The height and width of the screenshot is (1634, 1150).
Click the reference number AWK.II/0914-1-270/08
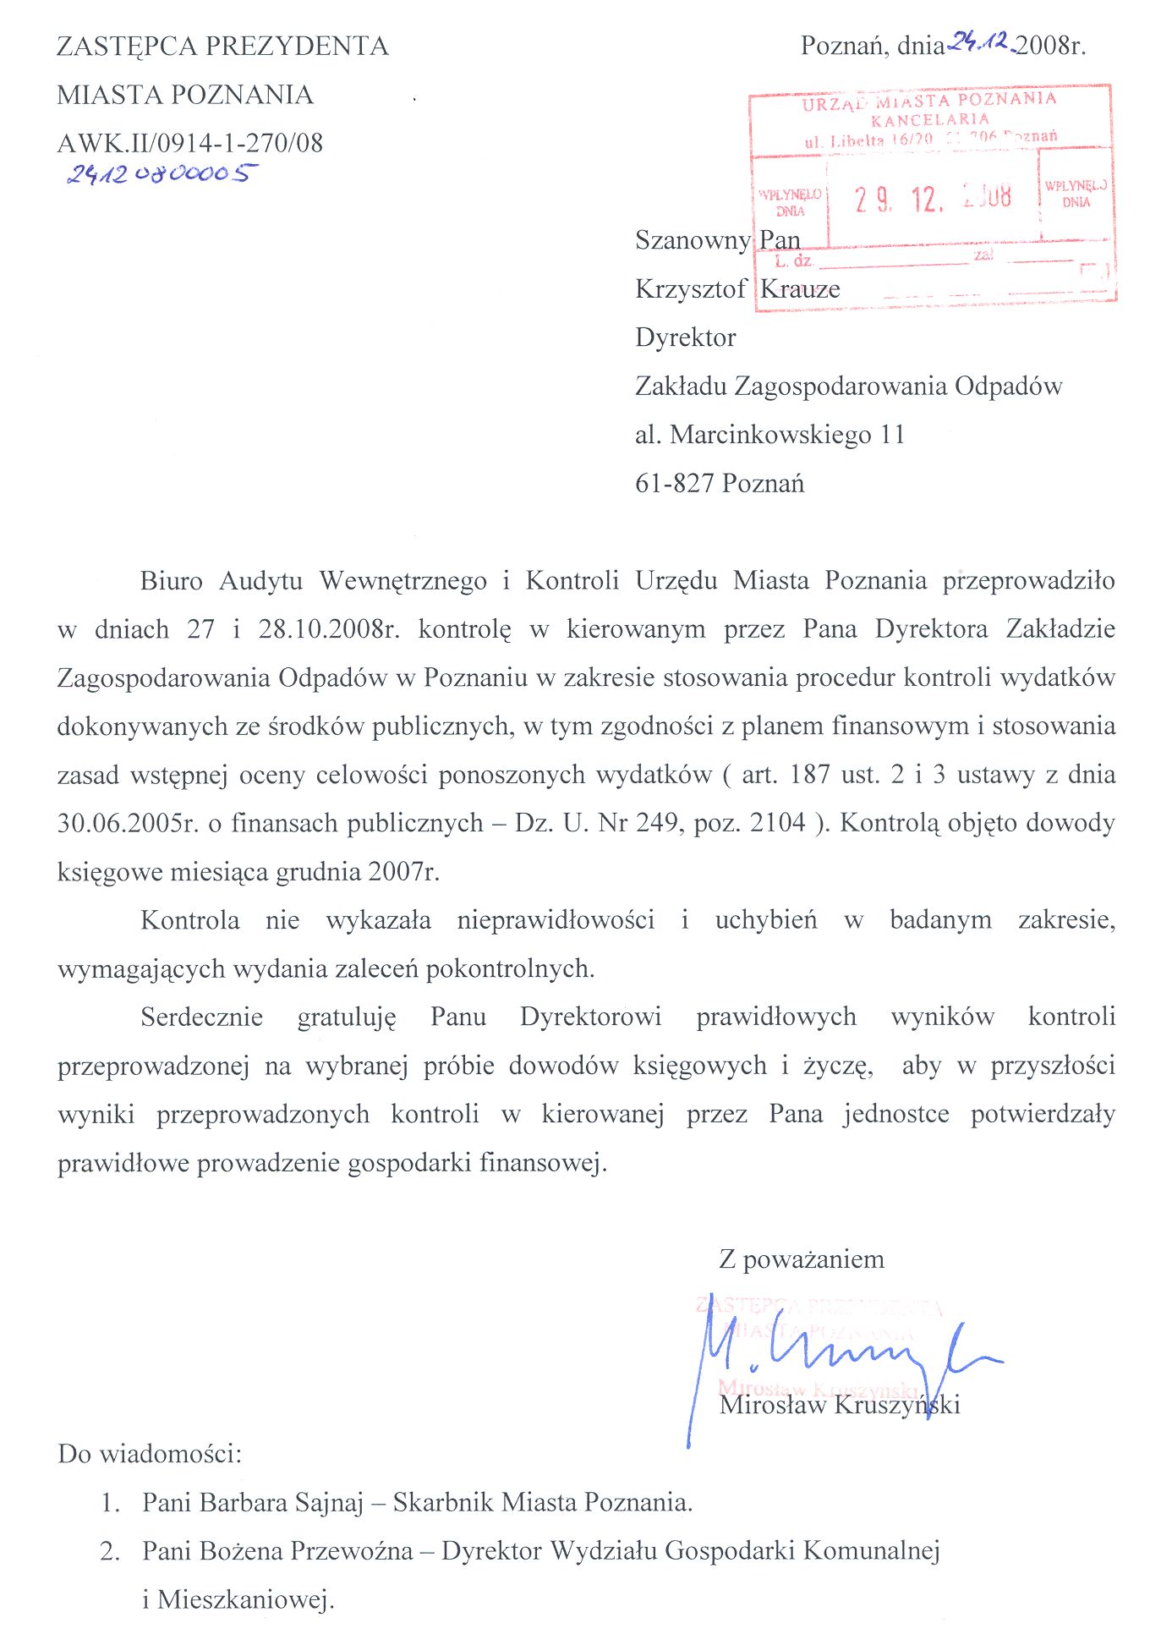pyautogui.click(x=189, y=143)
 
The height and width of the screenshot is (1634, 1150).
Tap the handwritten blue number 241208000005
pyautogui.click(x=162, y=174)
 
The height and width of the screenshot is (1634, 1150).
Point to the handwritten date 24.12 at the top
pyautogui.click(x=981, y=41)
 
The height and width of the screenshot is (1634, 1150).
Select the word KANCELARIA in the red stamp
pyautogui.click(x=929, y=118)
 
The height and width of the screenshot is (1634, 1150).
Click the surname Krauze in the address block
pyautogui.click(x=800, y=289)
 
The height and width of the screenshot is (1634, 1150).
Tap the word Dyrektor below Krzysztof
pyautogui.click(x=686, y=337)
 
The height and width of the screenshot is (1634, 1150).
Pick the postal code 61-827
pyautogui.click(x=674, y=484)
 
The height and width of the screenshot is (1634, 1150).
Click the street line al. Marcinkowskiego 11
pyautogui.click(x=769, y=435)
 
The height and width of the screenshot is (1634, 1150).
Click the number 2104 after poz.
pyautogui.click(x=777, y=823)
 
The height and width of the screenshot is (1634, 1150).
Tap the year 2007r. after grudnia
pyautogui.click(x=403, y=872)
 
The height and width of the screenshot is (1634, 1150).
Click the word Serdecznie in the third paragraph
pyautogui.click(x=202, y=1017)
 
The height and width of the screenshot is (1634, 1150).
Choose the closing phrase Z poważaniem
pyautogui.click(x=801, y=1259)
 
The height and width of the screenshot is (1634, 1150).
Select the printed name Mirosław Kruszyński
pyautogui.click(x=840, y=1405)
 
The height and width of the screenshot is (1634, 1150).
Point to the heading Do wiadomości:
pyautogui.click(x=150, y=1454)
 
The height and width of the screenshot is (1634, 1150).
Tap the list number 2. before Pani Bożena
pyautogui.click(x=109, y=1551)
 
